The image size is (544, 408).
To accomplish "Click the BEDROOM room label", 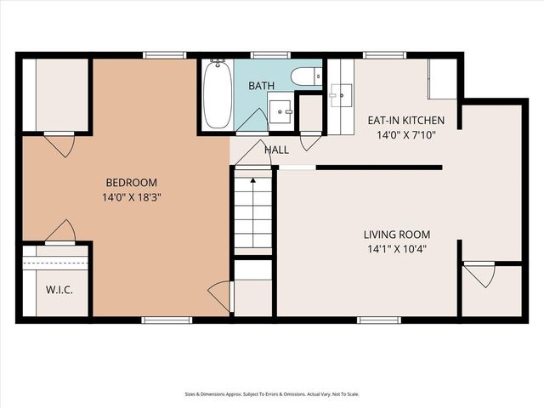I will [x=132, y=182].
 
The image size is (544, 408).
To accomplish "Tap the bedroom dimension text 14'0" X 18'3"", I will [x=132, y=197].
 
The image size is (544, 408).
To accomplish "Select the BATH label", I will [x=261, y=86].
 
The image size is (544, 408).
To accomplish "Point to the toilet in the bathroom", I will [x=305, y=77].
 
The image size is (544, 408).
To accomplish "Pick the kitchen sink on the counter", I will [x=345, y=93].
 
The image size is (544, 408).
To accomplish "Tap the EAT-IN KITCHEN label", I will [x=404, y=120].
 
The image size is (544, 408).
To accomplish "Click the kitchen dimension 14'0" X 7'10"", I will [x=404, y=134].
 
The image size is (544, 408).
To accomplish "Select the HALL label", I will [x=276, y=150].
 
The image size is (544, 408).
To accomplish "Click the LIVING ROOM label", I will [x=396, y=235].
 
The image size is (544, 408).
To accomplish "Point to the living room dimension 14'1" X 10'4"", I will [x=396, y=250].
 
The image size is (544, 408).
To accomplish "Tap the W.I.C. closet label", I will [x=59, y=290].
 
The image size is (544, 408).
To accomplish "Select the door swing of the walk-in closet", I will [x=61, y=231].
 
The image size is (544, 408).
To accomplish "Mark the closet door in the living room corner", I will [x=480, y=274].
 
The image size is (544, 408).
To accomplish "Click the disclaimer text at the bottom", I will [x=271, y=394].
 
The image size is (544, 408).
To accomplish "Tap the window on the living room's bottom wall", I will [x=378, y=320].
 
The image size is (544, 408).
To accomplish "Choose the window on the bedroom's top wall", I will [x=164, y=55].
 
